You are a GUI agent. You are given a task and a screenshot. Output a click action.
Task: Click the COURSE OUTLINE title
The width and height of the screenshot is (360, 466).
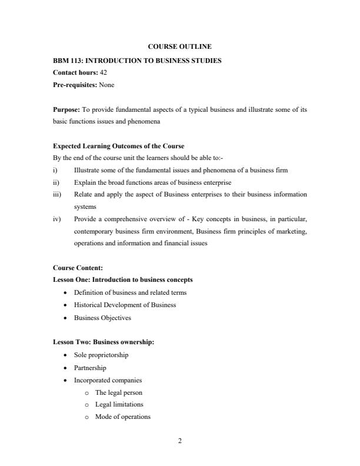180,46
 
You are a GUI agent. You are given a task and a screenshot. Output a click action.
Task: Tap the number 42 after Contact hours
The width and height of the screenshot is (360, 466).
102,72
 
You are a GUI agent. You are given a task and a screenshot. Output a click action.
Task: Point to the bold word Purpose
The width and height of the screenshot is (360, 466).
66,109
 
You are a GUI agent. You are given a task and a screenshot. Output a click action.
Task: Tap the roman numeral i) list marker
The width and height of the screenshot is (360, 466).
55,170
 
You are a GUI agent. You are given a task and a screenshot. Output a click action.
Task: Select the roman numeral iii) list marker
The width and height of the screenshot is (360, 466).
56,194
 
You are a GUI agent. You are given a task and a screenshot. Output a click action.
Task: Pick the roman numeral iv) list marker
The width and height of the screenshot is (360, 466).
56,219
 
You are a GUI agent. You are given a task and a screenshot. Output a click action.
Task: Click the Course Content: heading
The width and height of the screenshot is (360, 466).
78,268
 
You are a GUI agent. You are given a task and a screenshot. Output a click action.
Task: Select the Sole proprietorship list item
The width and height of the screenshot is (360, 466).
101,355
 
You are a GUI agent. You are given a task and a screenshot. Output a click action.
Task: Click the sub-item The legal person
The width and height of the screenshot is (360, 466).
119,392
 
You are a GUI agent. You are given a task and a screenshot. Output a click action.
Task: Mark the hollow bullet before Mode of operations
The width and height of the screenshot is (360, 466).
86,417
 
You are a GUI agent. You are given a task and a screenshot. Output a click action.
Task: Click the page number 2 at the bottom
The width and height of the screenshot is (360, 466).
180,442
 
